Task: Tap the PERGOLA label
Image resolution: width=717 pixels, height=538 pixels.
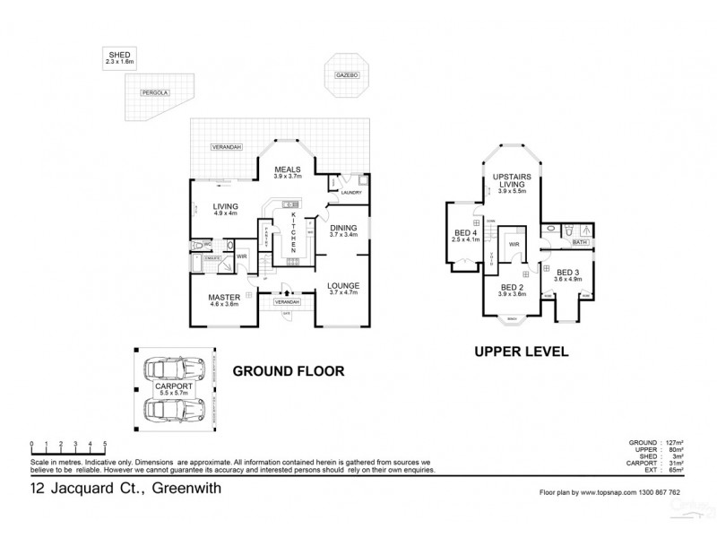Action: (x=153, y=92)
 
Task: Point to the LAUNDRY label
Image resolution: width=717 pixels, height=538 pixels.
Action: (x=350, y=192)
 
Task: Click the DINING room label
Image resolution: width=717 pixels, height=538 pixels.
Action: (x=344, y=230)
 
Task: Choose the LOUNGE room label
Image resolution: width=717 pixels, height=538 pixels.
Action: (x=343, y=287)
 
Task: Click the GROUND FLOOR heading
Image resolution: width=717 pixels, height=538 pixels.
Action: (x=289, y=370)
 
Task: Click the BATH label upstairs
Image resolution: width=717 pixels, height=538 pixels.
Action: (x=579, y=242)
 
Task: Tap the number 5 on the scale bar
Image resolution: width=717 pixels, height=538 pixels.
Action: (x=106, y=444)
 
